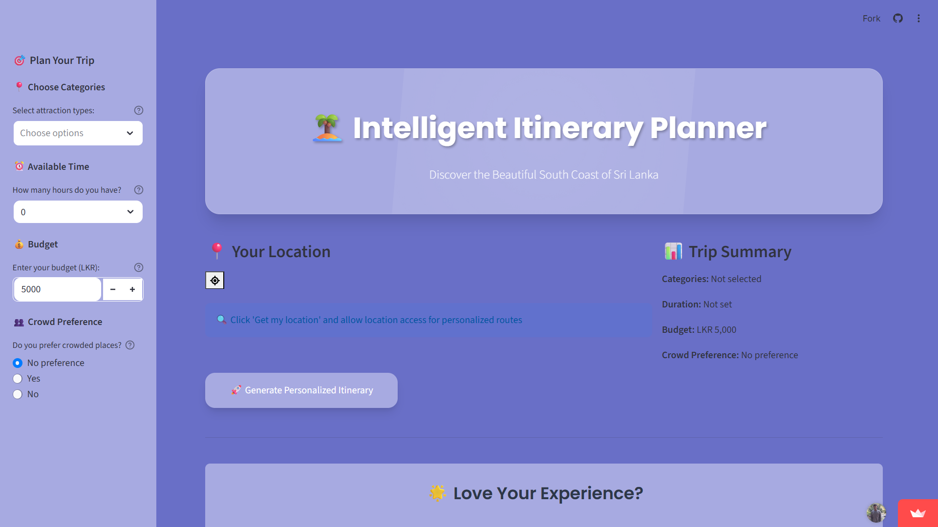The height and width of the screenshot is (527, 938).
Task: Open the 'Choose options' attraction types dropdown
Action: [x=78, y=133]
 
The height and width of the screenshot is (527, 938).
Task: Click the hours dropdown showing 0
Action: [x=78, y=212]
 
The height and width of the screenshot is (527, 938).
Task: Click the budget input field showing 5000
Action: [x=57, y=289]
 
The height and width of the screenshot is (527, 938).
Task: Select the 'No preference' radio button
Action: [x=18, y=363]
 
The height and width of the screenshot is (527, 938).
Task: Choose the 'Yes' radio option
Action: [x=18, y=379]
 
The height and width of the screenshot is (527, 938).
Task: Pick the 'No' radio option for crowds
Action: [x=18, y=394]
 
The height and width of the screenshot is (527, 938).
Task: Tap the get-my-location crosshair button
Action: [x=215, y=281]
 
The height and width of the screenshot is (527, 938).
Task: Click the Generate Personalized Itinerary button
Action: [x=301, y=390]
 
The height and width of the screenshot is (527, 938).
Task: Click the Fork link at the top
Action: [x=871, y=19]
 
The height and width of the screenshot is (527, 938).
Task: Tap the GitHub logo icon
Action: [x=898, y=19]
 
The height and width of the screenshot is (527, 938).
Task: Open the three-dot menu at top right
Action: [x=918, y=19]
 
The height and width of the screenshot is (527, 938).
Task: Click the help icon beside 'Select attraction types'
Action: [x=139, y=110]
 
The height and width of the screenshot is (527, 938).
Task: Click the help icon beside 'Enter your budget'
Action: [x=139, y=267]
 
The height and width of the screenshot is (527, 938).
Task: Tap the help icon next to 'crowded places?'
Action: [x=130, y=345]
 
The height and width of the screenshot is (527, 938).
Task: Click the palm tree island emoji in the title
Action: [x=327, y=128]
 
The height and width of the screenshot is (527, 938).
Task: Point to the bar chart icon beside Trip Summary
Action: [x=673, y=251]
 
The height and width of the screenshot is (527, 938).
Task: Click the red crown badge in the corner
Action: [x=917, y=513]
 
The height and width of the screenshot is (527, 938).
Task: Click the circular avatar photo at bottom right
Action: [x=876, y=513]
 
